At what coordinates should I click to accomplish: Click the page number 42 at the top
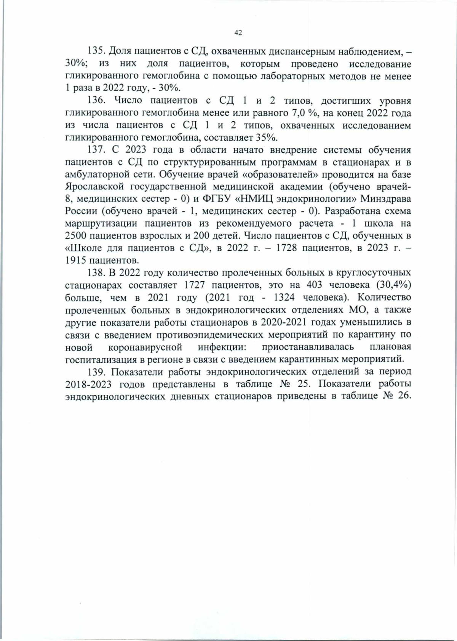click(238, 33)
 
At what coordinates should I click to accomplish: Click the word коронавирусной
click(145, 347)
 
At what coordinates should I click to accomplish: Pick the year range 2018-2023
click(88, 384)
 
